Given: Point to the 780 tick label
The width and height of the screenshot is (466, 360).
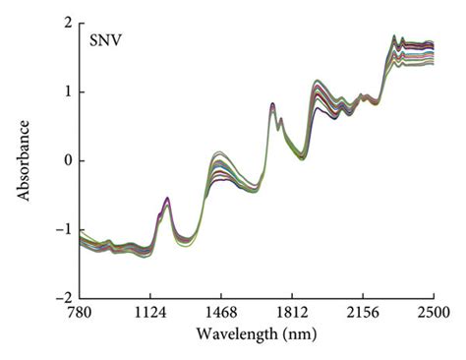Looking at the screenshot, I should pyautogui.click(x=80, y=312).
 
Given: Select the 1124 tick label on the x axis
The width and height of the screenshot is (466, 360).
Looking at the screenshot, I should pyautogui.click(x=150, y=312).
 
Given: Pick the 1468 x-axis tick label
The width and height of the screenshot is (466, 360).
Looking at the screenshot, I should pyautogui.click(x=221, y=312).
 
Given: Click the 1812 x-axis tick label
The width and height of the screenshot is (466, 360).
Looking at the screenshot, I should pyautogui.click(x=292, y=312).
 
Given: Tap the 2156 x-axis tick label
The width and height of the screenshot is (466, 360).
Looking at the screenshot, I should pyautogui.click(x=363, y=312).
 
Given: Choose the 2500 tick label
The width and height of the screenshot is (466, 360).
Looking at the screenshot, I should pyautogui.click(x=434, y=312).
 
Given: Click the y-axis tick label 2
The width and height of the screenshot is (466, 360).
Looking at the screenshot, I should pyautogui.click(x=66, y=23).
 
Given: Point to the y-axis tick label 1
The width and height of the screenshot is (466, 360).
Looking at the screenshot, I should pyautogui.click(x=66, y=91).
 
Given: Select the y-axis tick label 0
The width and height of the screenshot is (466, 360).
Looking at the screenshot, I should pyautogui.click(x=66, y=160).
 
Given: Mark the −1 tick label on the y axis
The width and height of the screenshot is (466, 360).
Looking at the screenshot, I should pyautogui.click(x=62, y=229).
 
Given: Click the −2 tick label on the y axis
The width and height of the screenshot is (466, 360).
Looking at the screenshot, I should pyautogui.click(x=62, y=297).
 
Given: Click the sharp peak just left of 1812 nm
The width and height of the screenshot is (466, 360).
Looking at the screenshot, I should pyautogui.click(x=271, y=104).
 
